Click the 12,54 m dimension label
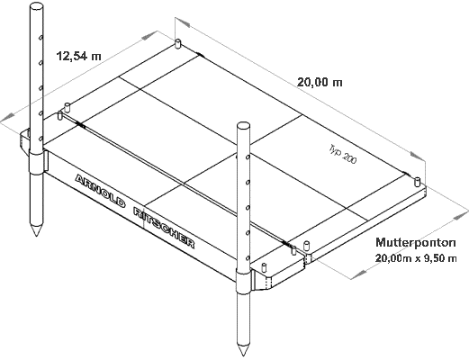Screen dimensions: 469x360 (79, 56)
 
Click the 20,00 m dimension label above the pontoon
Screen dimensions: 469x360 (320, 82)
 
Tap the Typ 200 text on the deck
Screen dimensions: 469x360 (343, 154)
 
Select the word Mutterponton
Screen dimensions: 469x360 (416, 242)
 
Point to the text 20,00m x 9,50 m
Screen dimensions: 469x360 (416, 258)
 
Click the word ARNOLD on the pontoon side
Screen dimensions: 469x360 (100, 191)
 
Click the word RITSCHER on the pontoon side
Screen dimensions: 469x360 (164, 227)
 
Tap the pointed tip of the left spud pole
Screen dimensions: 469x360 (36, 236)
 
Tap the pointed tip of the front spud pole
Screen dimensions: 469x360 (243, 355)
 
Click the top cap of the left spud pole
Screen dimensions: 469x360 (36, 6)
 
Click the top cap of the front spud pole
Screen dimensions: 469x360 (243, 126)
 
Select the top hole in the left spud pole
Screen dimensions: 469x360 (40, 38)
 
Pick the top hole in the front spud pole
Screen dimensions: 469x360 (247, 157)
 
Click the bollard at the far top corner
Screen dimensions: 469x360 (178, 44)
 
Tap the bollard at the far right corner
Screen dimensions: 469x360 (418, 182)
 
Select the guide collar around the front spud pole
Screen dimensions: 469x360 (244, 282)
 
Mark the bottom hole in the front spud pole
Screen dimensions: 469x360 (248, 258)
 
